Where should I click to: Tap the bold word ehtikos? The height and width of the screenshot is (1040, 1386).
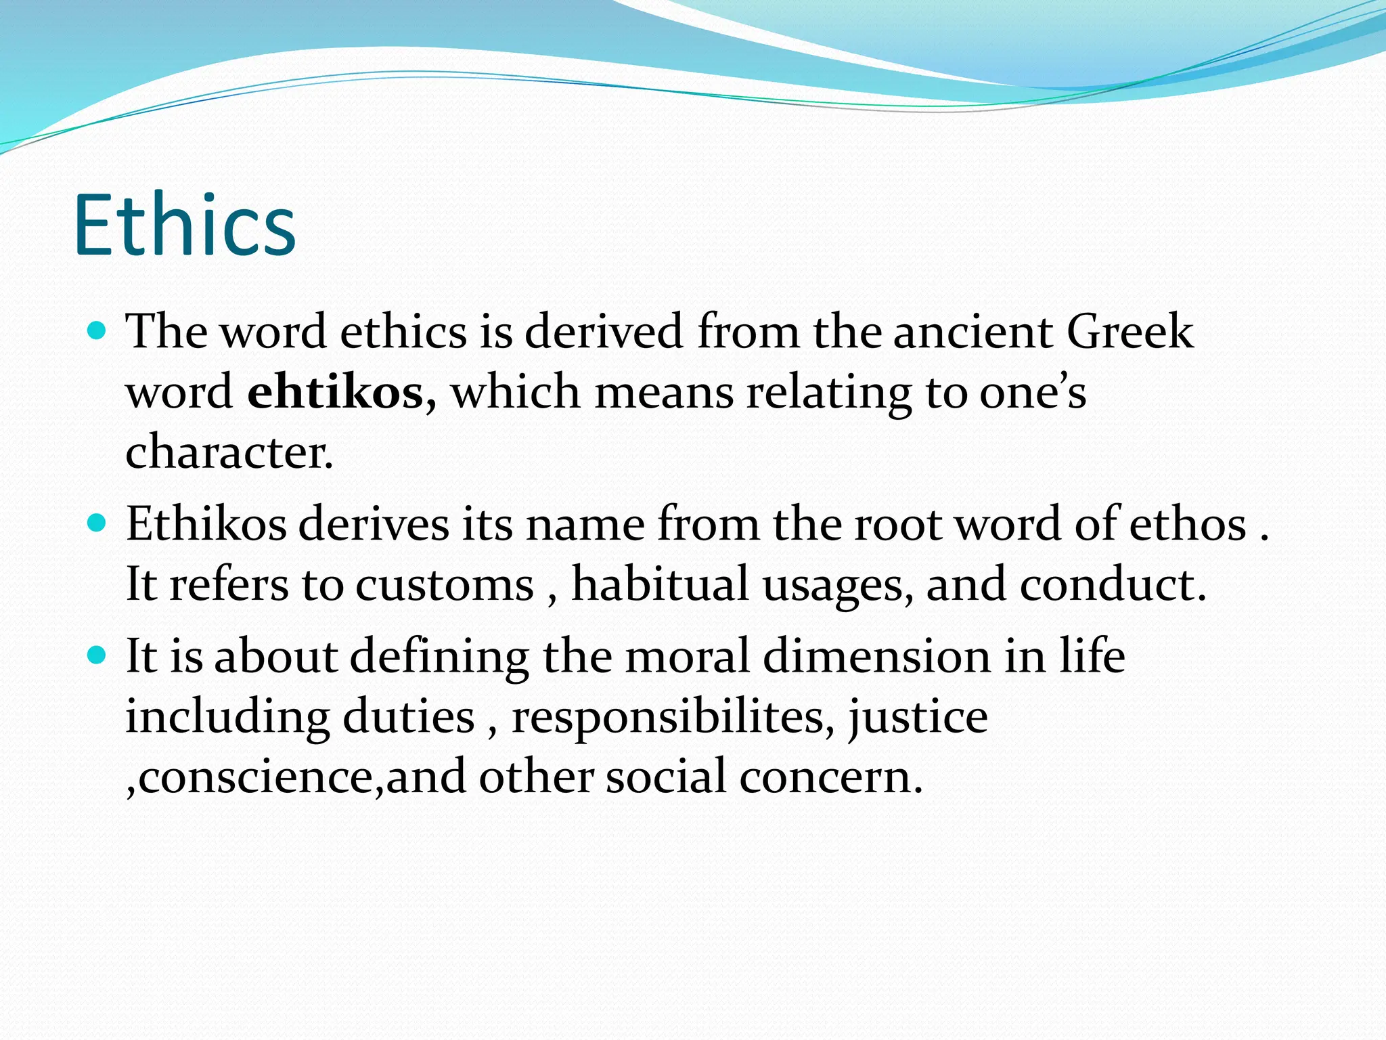[336, 393]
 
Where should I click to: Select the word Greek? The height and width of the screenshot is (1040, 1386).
[1130, 332]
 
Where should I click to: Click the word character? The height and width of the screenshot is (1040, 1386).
[229, 452]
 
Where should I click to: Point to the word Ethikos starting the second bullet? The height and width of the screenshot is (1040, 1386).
[206, 525]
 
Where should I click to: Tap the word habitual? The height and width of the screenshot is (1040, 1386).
[660, 584]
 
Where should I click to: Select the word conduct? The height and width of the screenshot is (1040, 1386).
[1113, 584]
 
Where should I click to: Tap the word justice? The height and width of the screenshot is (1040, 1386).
[918, 718]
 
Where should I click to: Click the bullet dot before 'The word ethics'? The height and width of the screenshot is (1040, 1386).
[98, 331]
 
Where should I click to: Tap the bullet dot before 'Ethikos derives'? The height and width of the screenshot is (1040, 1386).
[98, 523]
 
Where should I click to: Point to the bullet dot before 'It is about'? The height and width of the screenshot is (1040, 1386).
[98, 655]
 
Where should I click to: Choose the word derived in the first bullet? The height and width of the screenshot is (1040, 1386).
[604, 332]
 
